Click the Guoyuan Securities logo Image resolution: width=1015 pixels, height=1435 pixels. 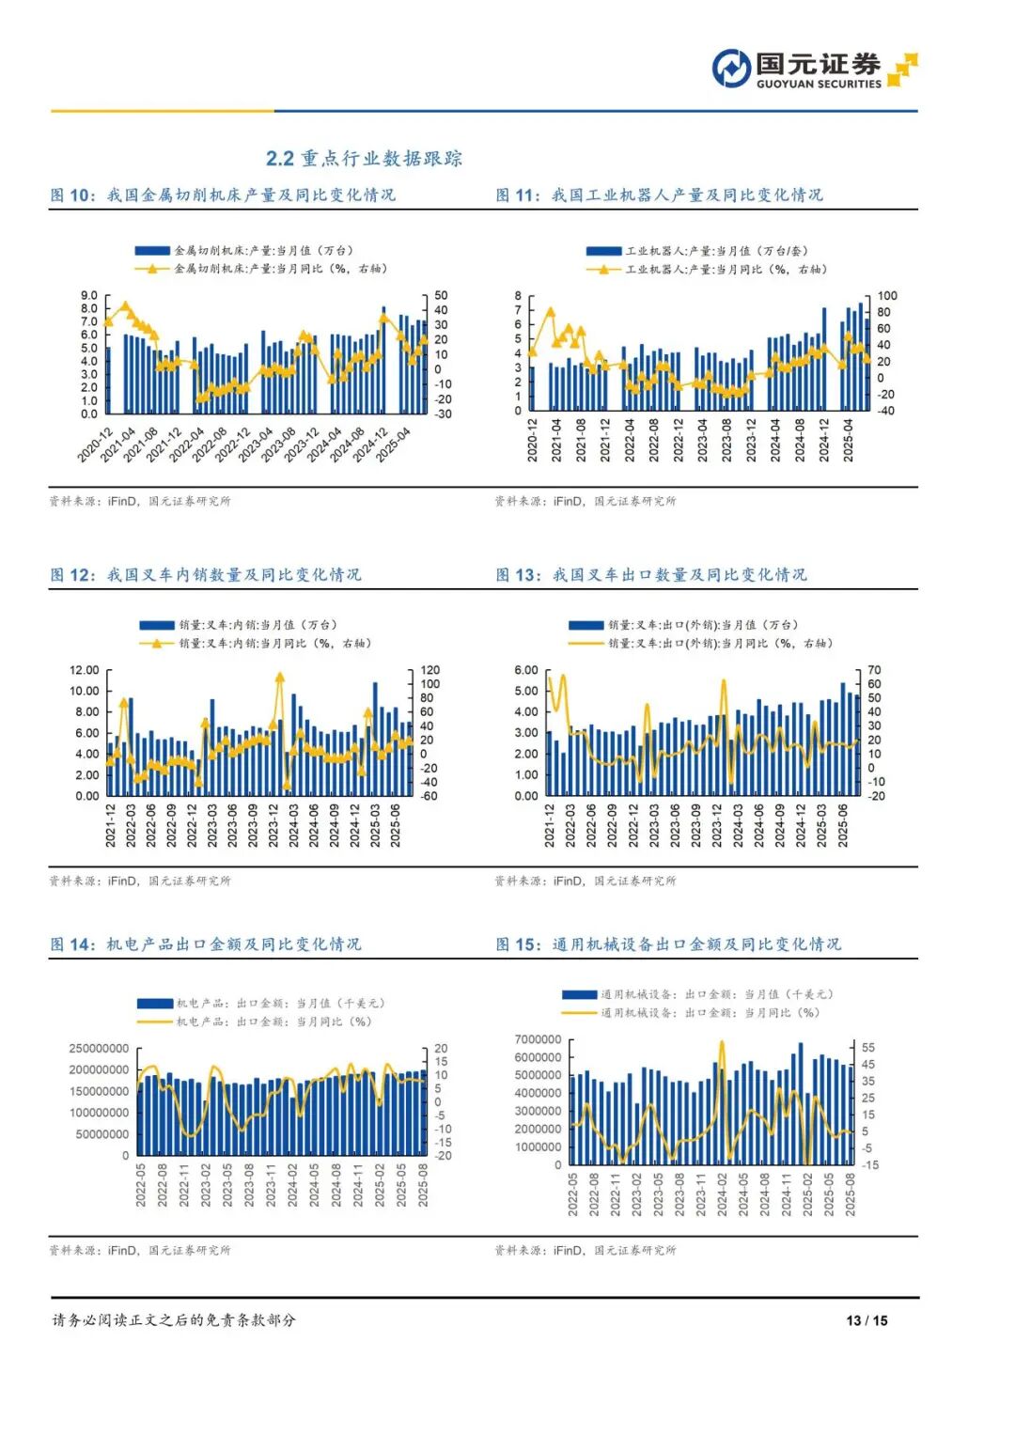814,70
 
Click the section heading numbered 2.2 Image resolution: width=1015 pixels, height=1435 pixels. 364,158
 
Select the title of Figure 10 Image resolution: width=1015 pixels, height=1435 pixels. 223,195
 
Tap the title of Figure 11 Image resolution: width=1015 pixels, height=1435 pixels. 659,195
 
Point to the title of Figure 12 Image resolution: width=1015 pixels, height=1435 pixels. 206,574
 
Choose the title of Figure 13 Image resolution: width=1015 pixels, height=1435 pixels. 651,574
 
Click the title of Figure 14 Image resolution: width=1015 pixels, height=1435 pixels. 206,944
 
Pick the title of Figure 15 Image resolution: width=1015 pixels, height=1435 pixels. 668,944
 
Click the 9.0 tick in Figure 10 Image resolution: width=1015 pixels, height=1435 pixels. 88,295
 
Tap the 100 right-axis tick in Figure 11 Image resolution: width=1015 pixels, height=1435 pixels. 887,296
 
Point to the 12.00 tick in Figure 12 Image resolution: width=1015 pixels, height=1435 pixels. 84,670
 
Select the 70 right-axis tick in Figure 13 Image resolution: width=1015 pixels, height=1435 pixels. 874,670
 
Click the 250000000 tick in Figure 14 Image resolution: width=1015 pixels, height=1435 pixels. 99,1048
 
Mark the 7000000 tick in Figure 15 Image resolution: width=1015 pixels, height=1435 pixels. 539,1039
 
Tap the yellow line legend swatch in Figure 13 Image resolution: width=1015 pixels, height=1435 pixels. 585,644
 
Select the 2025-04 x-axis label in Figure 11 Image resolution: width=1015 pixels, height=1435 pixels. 849,440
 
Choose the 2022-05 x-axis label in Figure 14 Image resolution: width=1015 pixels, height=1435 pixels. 141,1185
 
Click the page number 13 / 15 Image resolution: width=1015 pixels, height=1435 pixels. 867,1320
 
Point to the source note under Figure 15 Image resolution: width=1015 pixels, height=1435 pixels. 586,1250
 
